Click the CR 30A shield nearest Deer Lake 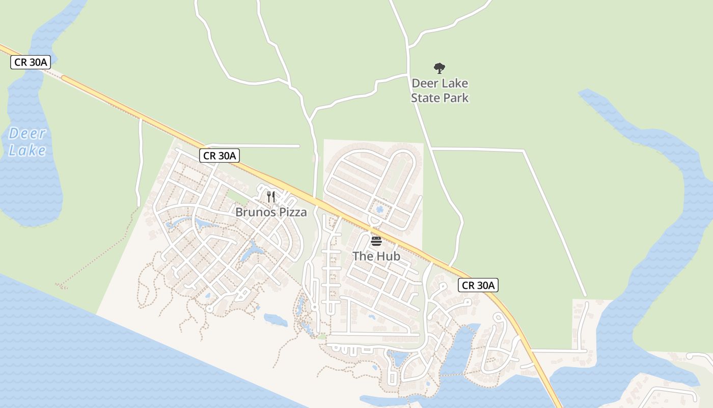pyautogui.click(x=31, y=63)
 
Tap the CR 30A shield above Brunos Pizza pyautogui.click(x=219, y=156)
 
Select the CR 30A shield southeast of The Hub pyautogui.click(x=478, y=285)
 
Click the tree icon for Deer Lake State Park pyautogui.click(x=440, y=68)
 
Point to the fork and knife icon pyautogui.click(x=271, y=197)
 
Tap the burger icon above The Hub pyautogui.click(x=376, y=241)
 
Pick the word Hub pyautogui.click(x=389, y=256)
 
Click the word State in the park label pyautogui.click(x=426, y=97)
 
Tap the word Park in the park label pyautogui.click(x=456, y=97)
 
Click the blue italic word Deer pyautogui.click(x=28, y=134)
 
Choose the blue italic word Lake pyautogui.click(x=28, y=150)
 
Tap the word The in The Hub pyautogui.click(x=363, y=256)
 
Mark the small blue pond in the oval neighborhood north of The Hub pyautogui.click(x=379, y=210)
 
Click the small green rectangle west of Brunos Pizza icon pyautogui.click(x=236, y=195)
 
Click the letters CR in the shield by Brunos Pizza pyautogui.click(x=209, y=156)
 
